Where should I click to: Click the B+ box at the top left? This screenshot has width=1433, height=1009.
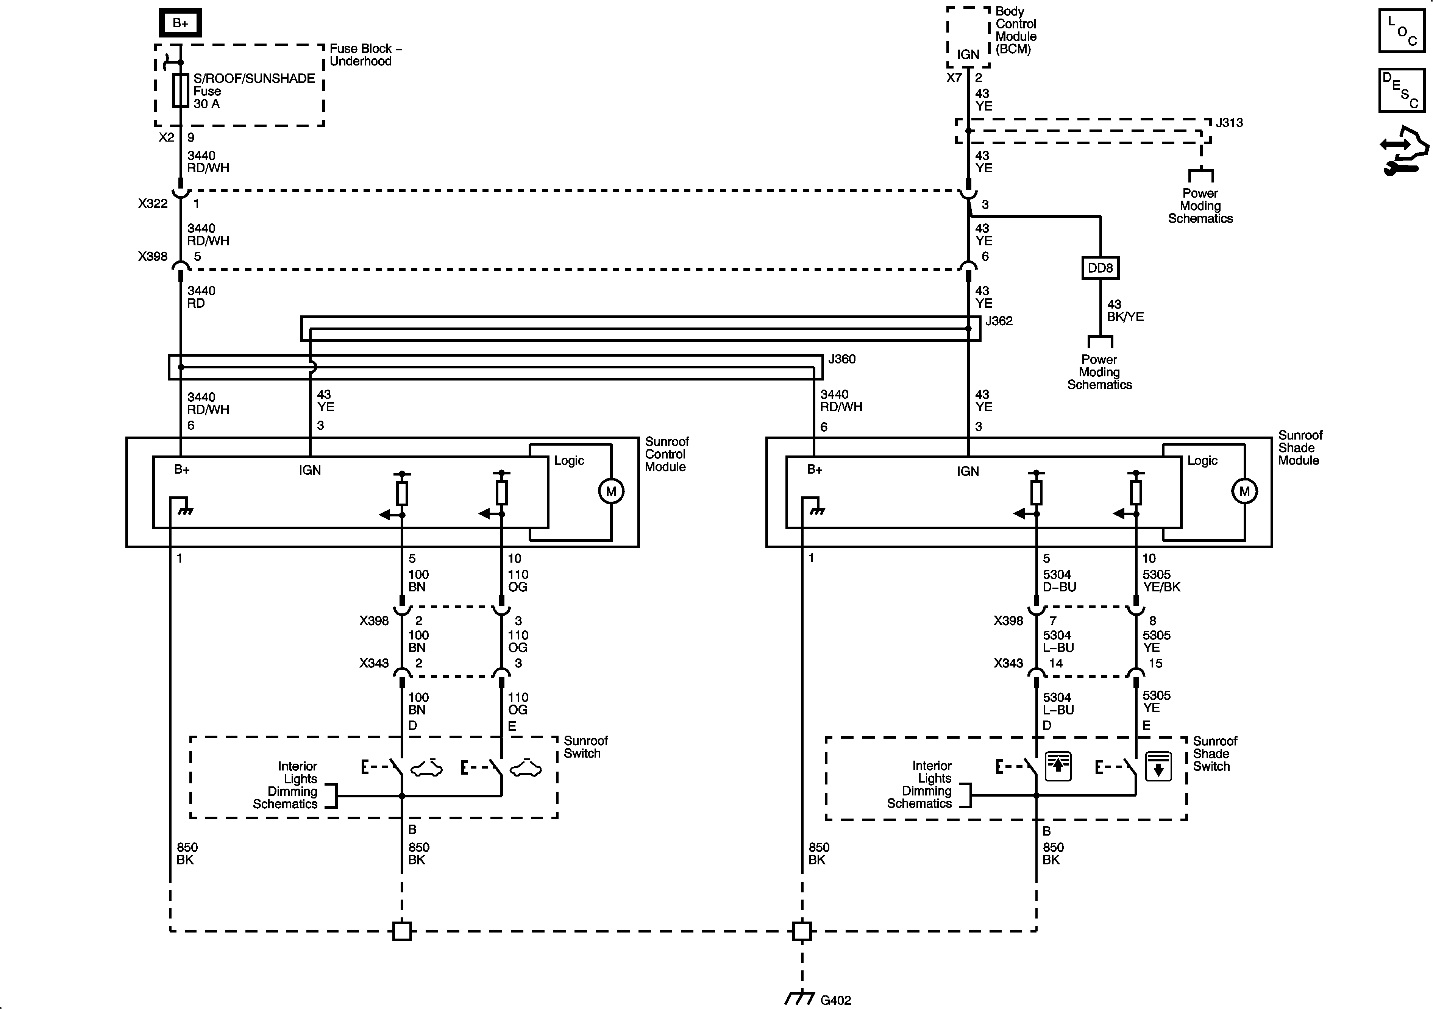pos(180,23)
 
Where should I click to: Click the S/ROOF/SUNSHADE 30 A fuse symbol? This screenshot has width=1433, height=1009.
pos(180,90)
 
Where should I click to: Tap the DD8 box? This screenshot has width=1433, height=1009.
pos(1100,268)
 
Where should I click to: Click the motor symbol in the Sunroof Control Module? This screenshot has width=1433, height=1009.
pos(611,491)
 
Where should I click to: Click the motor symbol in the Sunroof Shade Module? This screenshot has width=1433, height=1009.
pos(1244,491)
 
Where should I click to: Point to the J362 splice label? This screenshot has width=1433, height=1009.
pos(999,321)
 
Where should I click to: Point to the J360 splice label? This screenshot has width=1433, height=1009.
pos(841,359)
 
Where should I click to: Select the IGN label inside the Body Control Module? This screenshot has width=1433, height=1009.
pos(968,54)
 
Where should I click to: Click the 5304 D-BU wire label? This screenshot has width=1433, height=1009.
pos(1059,580)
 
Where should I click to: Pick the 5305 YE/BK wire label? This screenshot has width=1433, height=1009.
pos(1161,580)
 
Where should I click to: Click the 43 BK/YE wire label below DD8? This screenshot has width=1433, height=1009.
pos(1125,310)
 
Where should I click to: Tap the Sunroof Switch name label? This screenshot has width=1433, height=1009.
pos(585,747)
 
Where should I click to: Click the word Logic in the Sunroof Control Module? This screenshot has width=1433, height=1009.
pos(568,460)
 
